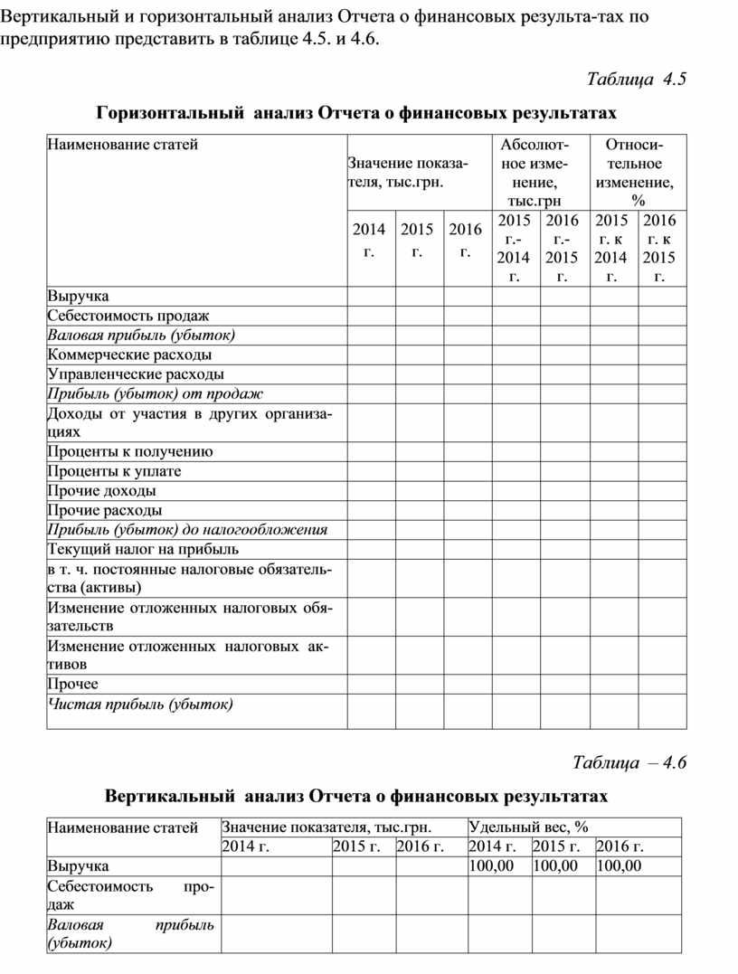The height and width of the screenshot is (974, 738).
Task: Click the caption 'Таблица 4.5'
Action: click(x=637, y=78)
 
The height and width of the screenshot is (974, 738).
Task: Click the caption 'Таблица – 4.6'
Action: click(x=629, y=761)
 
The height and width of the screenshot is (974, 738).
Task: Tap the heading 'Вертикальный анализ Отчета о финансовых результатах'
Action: click(x=356, y=796)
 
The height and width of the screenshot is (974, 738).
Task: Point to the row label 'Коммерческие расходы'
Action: click(x=130, y=355)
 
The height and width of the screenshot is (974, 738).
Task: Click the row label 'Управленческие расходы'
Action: click(x=136, y=374)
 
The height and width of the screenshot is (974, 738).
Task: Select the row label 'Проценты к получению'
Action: click(x=130, y=452)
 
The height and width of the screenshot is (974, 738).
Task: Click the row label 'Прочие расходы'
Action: click(x=105, y=510)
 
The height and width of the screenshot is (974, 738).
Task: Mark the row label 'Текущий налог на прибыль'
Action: click(x=143, y=549)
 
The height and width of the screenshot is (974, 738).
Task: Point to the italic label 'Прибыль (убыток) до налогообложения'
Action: click(x=187, y=530)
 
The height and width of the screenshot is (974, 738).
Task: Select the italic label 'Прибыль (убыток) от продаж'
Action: click(x=155, y=393)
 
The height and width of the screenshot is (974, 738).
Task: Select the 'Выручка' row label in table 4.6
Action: click(x=78, y=866)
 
